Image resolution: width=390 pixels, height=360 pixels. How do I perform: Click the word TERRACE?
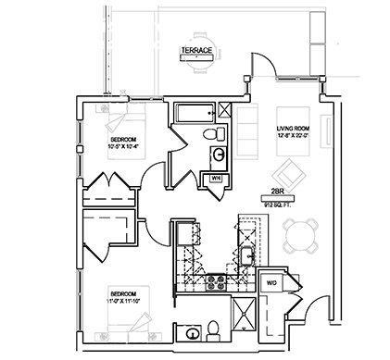coord(197,49)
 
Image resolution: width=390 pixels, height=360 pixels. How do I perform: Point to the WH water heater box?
coord(215,177)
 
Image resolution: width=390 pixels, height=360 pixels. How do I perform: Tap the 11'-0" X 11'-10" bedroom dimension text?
coord(121,298)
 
